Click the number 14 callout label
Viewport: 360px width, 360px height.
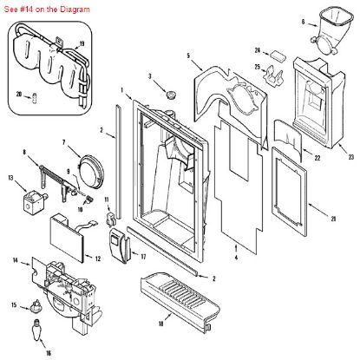point(15,261)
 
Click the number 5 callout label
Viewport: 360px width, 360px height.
point(188,56)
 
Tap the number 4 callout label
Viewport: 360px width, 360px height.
point(239,258)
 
